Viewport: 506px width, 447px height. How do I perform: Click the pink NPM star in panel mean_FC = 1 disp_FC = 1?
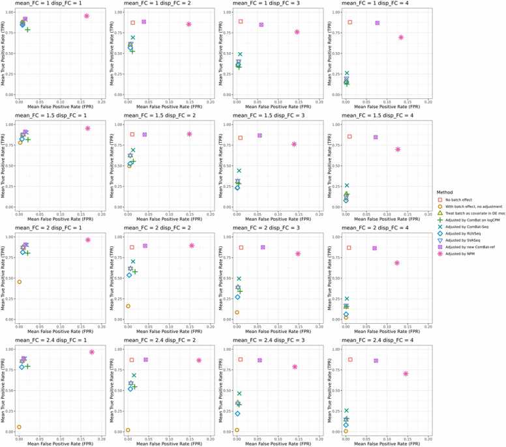tap(87, 16)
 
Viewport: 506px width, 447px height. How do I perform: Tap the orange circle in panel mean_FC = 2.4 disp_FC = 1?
tap(19, 427)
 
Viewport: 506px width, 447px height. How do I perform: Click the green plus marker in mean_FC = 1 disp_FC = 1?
tap(27, 30)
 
